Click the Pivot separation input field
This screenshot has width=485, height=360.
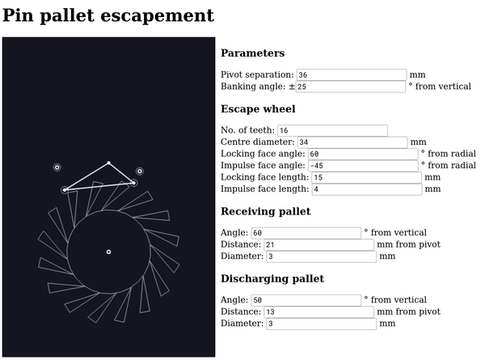tap(352, 75)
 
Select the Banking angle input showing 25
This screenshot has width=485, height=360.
tap(350, 87)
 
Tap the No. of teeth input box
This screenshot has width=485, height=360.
tap(332, 130)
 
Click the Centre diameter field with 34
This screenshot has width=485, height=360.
tap(352, 142)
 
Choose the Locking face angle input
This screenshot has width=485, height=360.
tap(362, 155)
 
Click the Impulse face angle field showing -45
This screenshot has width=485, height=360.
tap(363, 166)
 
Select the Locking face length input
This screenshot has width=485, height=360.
tap(366, 178)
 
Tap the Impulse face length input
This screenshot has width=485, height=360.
tap(367, 189)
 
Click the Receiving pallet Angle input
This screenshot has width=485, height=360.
tap(306, 233)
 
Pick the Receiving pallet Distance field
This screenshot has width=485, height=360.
tap(319, 245)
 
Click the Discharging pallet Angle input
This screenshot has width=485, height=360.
tap(306, 300)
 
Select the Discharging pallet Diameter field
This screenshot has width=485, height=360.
tap(322, 324)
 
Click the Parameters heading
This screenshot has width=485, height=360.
tap(253, 53)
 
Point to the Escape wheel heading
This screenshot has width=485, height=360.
tap(258, 109)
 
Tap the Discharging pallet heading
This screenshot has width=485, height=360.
tap(272, 278)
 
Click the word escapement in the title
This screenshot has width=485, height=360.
tap(157, 15)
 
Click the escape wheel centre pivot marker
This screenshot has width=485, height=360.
tap(108, 252)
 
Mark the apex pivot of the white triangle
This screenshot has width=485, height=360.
tap(108, 163)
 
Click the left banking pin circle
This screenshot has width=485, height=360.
tap(57, 167)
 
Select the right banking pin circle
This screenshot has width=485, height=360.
tap(140, 172)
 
